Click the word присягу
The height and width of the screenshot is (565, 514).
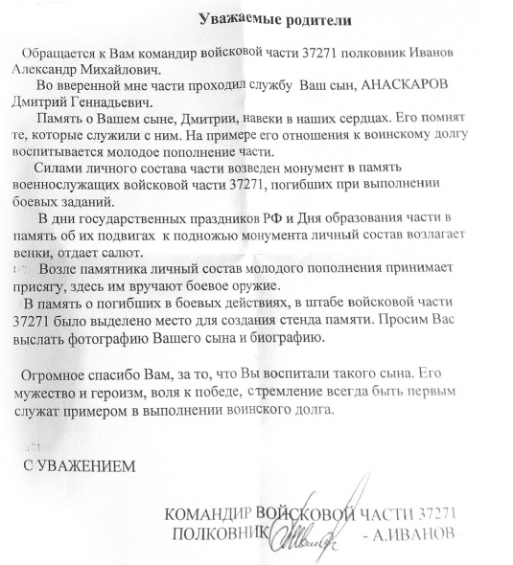[x=44, y=287]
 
